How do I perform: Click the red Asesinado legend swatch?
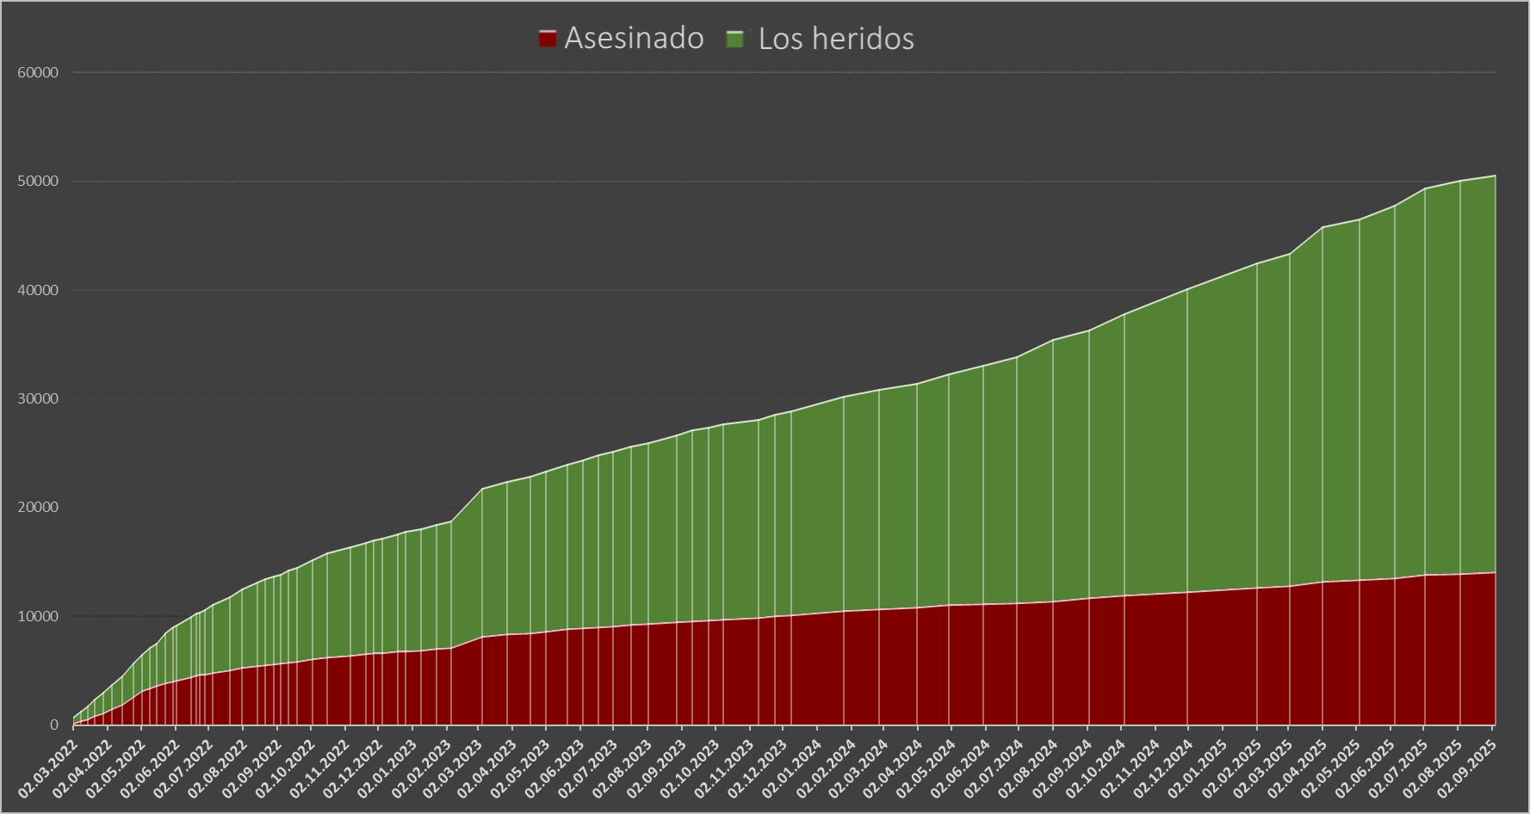tap(547, 39)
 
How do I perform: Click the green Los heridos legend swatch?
tap(735, 39)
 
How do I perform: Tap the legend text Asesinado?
tap(634, 39)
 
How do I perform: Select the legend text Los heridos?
tap(836, 39)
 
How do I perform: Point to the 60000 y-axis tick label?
tap(38, 73)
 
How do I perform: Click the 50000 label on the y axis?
tap(38, 182)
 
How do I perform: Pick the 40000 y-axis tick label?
tap(38, 291)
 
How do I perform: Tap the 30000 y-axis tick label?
tap(38, 399)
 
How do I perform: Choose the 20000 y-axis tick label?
tap(38, 508)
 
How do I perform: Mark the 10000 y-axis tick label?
tap(38, 617)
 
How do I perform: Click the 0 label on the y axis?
tap(53, 725)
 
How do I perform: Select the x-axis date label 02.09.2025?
tap(1469, 762)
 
